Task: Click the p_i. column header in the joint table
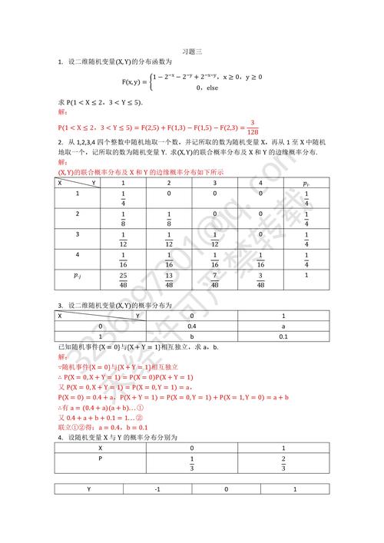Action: (306, 184)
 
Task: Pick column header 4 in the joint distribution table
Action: (261, 184)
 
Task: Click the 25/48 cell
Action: (123, 279)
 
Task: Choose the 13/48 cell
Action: (169, 279)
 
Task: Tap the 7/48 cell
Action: (215, 279)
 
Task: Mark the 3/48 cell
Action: (261, 279)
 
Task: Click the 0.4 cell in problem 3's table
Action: (193, 326)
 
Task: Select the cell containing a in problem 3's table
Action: (283, 326)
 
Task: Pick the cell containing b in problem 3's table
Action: (193, 336)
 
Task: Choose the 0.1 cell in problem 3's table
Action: (283, 336)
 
